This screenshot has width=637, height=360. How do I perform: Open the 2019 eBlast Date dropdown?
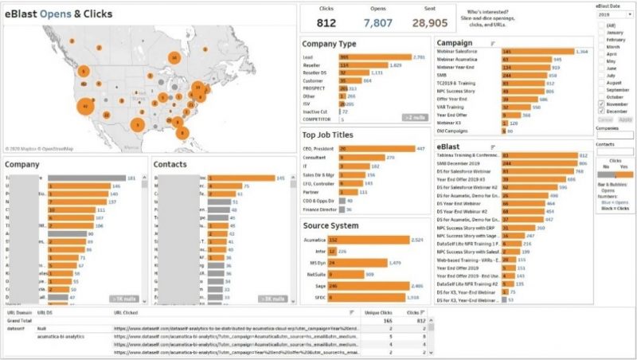coord(614,14)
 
